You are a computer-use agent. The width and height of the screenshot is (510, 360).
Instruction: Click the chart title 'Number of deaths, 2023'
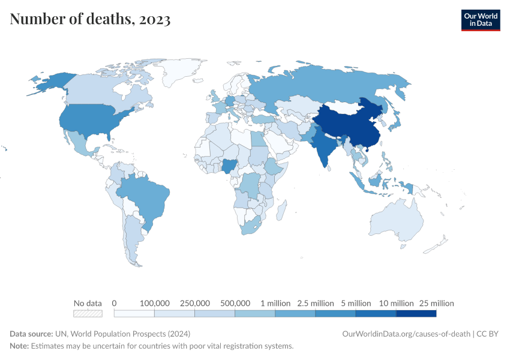tap(90, 20)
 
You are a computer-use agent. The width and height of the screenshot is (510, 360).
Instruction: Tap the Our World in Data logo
tap(480, 20)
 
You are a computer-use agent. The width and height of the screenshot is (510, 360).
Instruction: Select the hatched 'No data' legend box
tap(87, 313)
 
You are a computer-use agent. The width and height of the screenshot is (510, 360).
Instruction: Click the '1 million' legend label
tap(275, 303)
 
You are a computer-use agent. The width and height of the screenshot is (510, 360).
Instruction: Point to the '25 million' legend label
tap(436, 303)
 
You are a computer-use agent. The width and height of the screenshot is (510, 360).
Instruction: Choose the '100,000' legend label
tap(154, 303)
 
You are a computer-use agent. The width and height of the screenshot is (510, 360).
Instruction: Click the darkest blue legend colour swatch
tap(416, 313)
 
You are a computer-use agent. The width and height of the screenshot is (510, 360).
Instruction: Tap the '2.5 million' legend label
tap(315, 303)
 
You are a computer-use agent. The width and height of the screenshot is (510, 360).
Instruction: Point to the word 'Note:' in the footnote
tap(19, 346)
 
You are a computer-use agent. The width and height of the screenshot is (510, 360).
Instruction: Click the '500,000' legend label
tap(235, 303)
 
